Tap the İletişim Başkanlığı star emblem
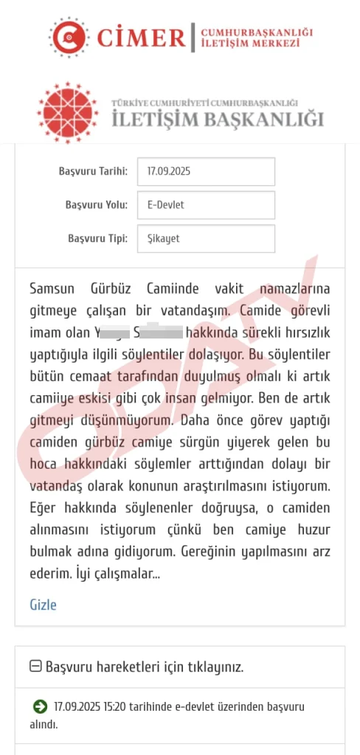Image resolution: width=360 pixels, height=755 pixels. coord(67,113)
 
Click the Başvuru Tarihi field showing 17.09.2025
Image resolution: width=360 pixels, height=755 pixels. coord(206,171)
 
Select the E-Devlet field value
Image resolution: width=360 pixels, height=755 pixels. coord(206,205)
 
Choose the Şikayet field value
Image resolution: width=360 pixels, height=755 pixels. coord(206,239)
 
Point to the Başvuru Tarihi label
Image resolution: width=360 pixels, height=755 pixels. coord(93,171)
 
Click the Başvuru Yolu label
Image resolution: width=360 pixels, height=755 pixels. coord(96,205)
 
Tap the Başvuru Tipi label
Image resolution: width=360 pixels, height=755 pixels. coord(97,239)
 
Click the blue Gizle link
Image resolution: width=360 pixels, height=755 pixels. coord(43,605)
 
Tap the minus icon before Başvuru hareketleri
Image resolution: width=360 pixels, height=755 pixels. coord(35,667)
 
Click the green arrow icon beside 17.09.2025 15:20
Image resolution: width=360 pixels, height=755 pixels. coord(40,707)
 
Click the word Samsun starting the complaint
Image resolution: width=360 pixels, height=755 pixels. coord(54,288)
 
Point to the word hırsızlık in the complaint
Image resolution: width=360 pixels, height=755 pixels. coord(302,332)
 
